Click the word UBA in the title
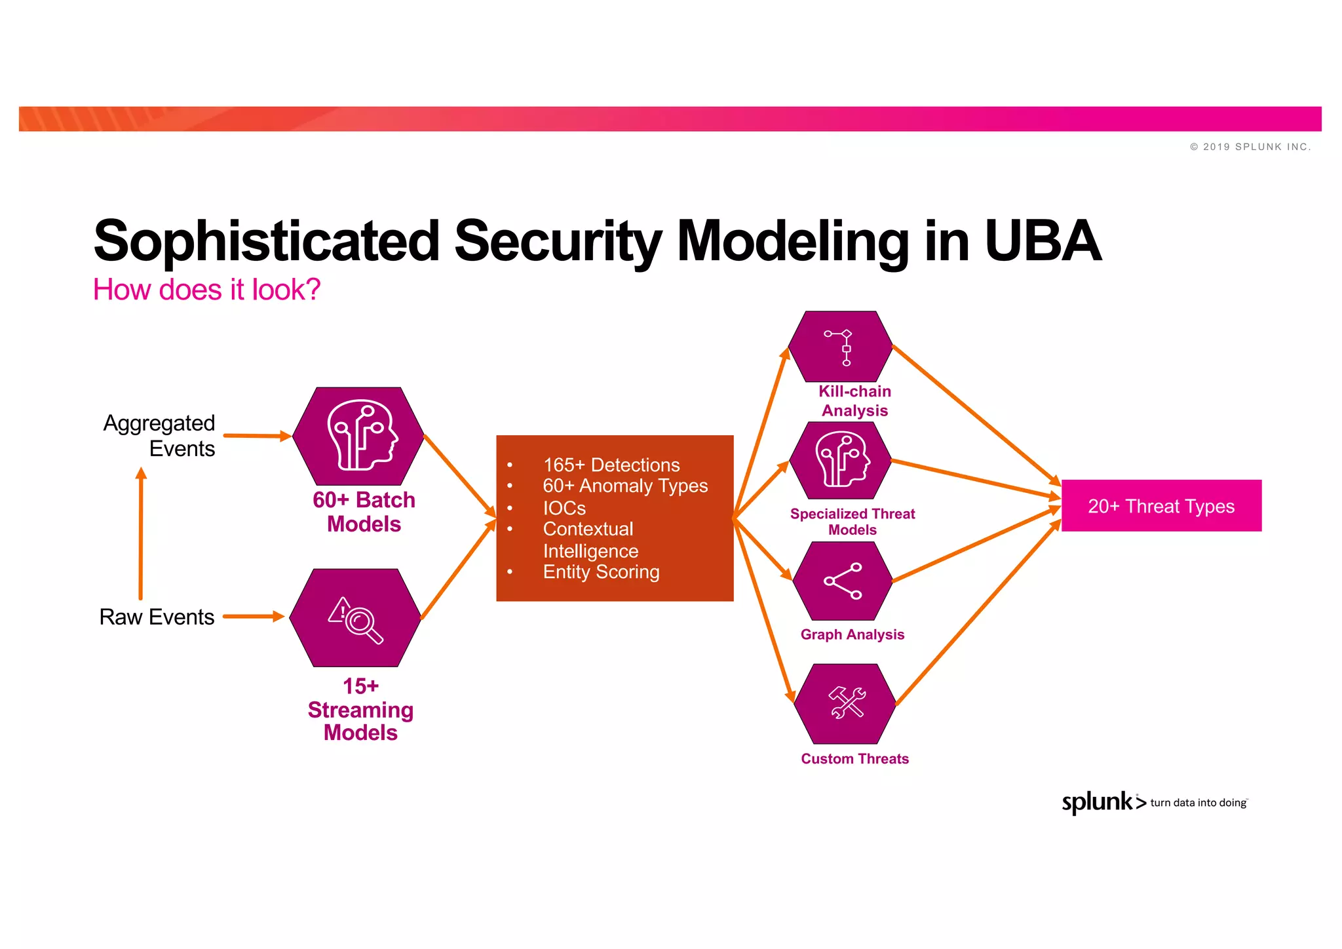pos(1042,241)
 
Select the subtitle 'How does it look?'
pos(206,290)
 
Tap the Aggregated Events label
pos(160,436)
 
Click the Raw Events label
pos(157,617)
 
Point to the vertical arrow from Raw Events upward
pos(141,534)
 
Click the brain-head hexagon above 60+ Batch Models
pos(358,436)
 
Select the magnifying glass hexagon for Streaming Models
pos(355,618)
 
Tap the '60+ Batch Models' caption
pos(364,512)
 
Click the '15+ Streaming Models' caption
pos(360,710)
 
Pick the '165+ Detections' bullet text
pos(611,465)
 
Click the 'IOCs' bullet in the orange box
pos(564,508)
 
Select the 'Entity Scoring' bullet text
pos(601,572)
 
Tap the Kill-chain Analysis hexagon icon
pos(841,347)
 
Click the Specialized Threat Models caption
pos(852,522)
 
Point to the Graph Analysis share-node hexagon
pos(843,581)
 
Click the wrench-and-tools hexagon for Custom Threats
pos(845,703)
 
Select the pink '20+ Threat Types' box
pos(1161,506)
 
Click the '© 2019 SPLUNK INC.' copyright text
pos(1250,147)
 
